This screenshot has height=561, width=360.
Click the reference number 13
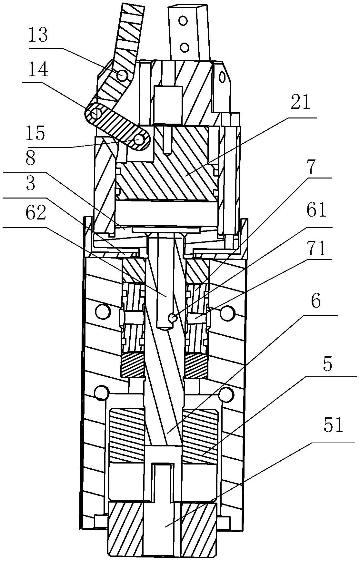pyautogui.click(x=38, y=36)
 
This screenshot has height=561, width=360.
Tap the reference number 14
pyautogui.click(x=38, y=69)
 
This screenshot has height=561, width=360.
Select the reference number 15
pyautogui.click(x=35, y=133)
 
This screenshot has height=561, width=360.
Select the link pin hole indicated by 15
pyautogui.click(x=140, y=139)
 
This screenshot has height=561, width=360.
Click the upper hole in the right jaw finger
pyautogui.click(x=184, y=21)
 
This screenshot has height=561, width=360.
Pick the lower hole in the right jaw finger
pyautogui.click(x=184, y=47)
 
